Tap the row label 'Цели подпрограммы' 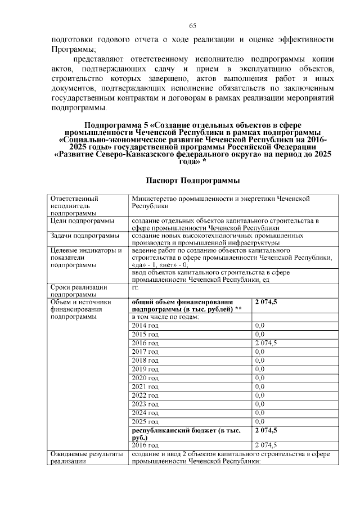[82, 221]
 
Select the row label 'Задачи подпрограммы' [84, 236]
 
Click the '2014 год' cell [145, 325]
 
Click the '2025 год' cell [145, 421]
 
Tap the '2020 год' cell [145, 377]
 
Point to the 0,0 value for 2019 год [260, 369]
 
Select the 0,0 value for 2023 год [260, 404]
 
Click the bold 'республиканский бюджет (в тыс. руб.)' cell [186, 434]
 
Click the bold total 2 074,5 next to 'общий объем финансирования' [266, 302]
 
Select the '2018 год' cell [145, 360]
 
